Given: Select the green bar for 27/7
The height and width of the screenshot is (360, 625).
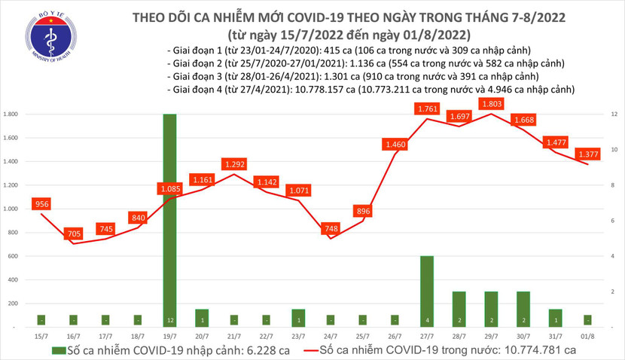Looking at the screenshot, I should pos(428,291).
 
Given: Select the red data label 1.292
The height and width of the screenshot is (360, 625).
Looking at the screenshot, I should pos(235,163).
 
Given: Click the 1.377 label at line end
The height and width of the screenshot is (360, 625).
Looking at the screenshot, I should pos(588,154).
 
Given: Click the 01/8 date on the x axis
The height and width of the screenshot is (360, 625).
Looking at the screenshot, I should pos(587,334).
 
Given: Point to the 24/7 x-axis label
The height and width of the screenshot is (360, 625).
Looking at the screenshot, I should pos(331,334).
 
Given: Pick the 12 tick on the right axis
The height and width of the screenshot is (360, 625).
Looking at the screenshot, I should pos(615,114).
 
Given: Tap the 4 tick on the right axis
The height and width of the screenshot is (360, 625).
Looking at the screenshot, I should pos(614,256).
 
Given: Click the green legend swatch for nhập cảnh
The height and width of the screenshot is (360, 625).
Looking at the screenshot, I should pos(59,350).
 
